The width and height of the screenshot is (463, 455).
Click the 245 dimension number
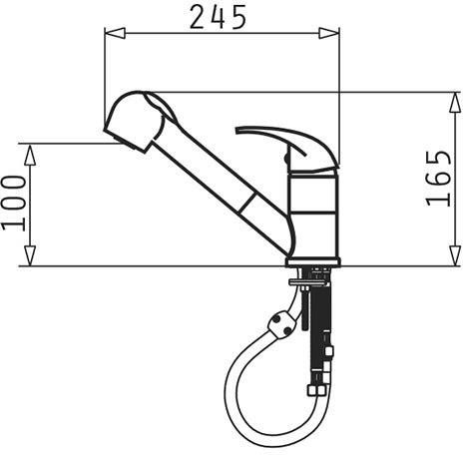pos(218,17)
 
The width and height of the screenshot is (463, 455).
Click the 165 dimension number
pos(439,179)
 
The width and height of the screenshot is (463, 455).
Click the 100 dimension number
pos(13,204)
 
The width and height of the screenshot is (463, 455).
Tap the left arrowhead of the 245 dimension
pos(115,33)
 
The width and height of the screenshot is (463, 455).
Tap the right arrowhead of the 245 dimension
pos(329,33)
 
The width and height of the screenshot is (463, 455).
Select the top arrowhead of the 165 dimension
pos(455,102)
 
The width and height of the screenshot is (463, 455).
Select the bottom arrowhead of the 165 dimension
pos(455,255)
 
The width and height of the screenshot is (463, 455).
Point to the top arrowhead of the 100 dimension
pos(30,154)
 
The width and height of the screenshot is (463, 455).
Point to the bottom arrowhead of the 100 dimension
pos(30,255)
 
